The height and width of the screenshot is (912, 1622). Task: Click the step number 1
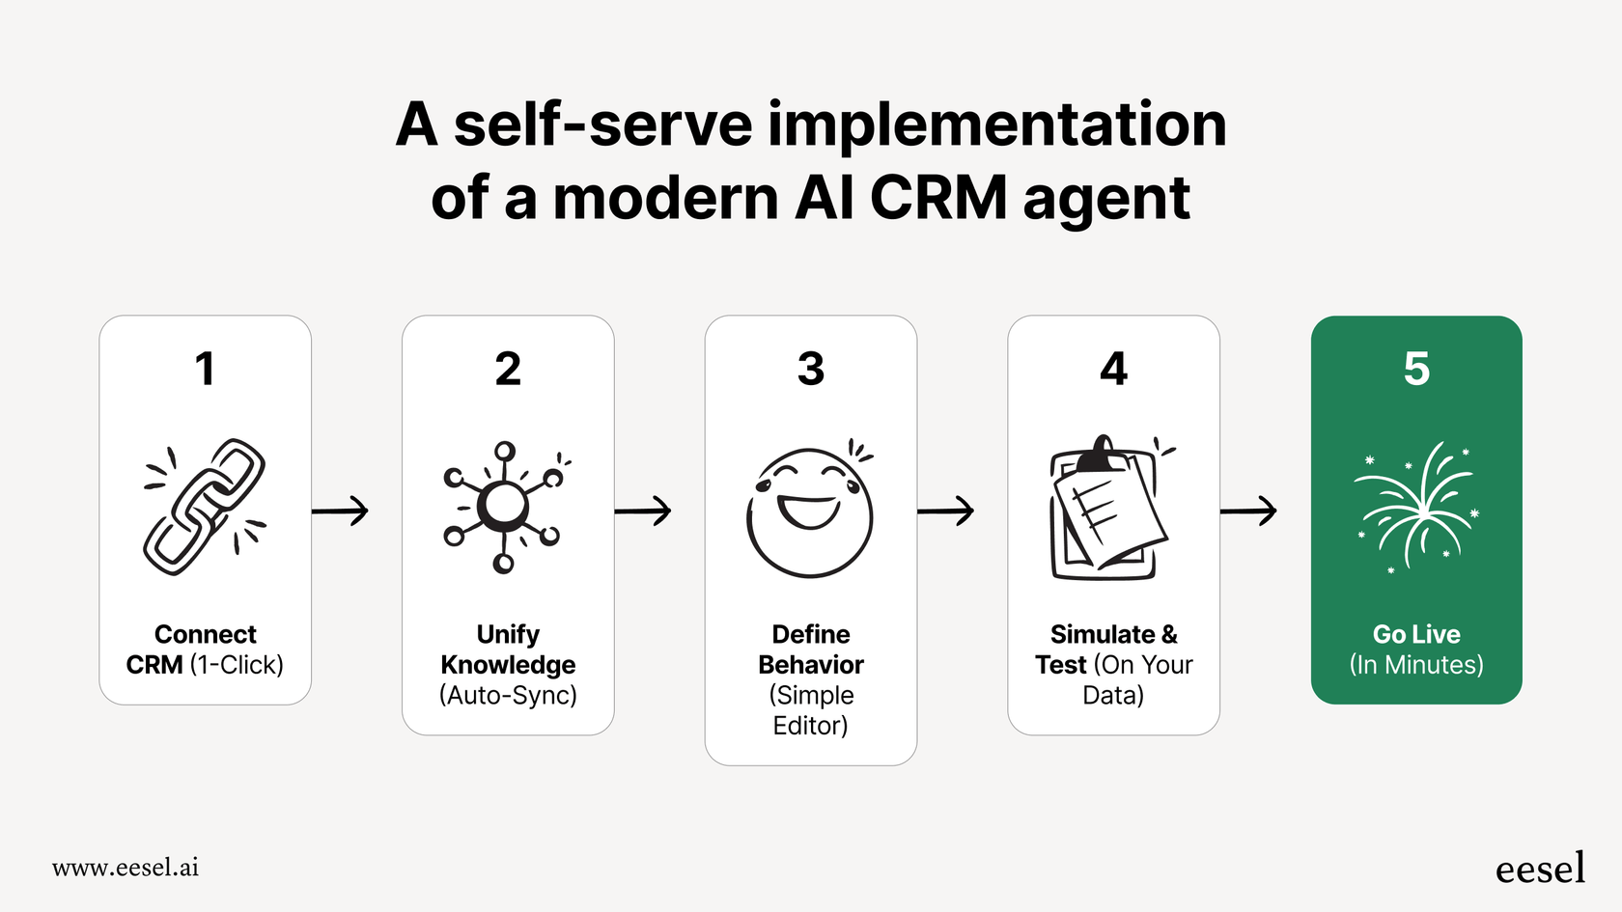tap(205, 369)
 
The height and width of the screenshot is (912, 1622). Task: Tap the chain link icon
tap(205, 507)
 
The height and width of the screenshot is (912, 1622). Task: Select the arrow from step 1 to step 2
tap(340, 511)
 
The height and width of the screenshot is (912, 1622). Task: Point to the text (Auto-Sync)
tap(508, 695)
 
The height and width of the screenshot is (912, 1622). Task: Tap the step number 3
tap(811, 369)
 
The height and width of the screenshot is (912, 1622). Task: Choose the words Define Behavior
tap(811, 649)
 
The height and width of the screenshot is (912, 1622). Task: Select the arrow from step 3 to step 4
tap(945, 511)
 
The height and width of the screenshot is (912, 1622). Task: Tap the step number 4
tap(1113, 369)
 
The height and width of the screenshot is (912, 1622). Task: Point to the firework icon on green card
tap(1417, 507)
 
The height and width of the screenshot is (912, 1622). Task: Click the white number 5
tap(1416, 369)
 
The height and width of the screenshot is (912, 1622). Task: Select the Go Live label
tap(1416, 634)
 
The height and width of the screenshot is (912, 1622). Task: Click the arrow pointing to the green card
tap(1248, 511)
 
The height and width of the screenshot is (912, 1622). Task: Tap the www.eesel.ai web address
tap(126, 868)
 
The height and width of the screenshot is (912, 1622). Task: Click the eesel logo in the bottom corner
tap(1540, 869)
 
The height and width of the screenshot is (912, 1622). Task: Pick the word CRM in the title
tap(938, 198)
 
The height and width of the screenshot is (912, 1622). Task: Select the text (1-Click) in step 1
tap(237, 665)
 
